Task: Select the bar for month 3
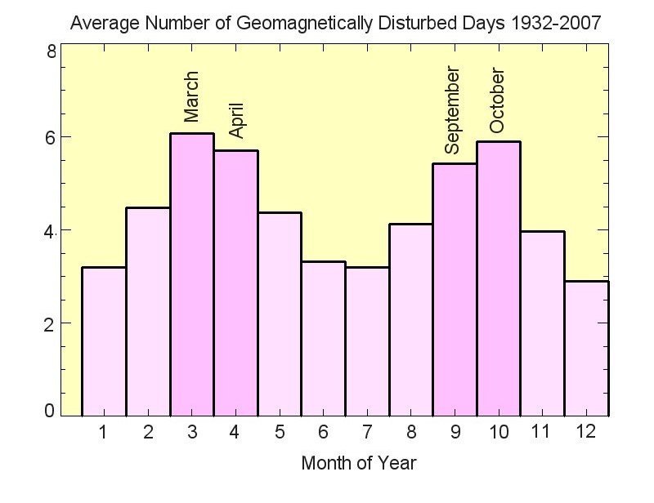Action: (x=192, y=274)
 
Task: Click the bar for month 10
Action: (x=499, y=278)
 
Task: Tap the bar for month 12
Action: (x=587, y=348)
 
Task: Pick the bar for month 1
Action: (x=104, y=341)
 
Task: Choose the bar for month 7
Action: (x=367, y=341)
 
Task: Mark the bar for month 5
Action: (x=280, y=314)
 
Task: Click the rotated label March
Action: (x=191, y=97)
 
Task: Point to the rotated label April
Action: (x=236, y=120)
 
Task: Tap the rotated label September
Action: (x=453, y=112)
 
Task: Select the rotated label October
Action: (x=497, y=101)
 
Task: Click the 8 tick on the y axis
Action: (x=51, y=51)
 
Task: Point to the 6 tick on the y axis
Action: (x=51, y=137)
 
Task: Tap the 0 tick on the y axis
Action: (x=51, y=411)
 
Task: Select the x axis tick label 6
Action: (x=323, y=432)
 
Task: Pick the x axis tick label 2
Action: (x=148, y=432)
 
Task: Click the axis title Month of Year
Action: (x=358, y=464)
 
